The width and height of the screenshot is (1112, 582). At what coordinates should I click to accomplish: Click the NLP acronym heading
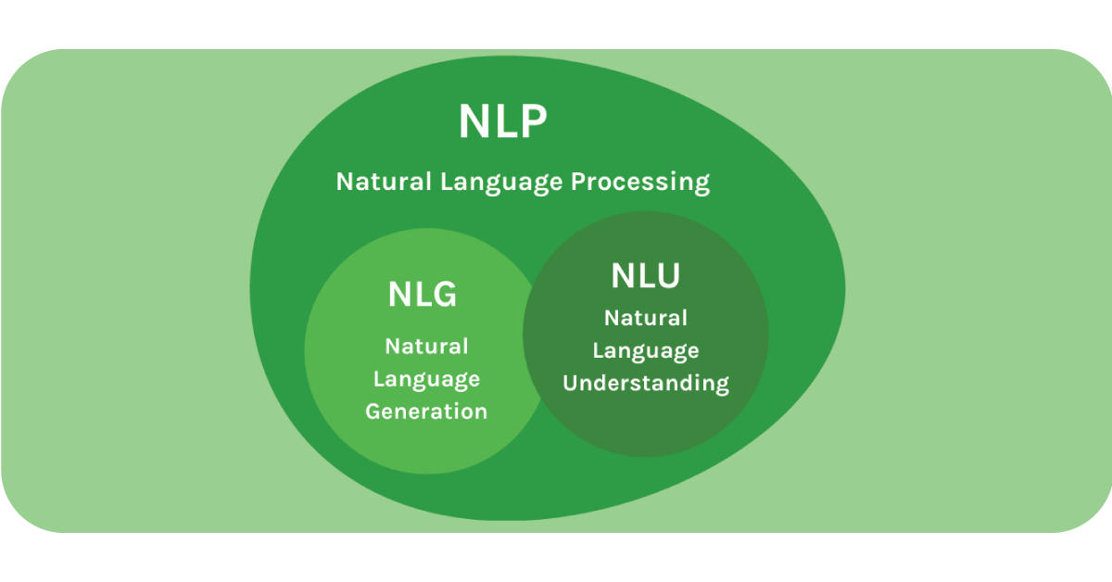[503, 121]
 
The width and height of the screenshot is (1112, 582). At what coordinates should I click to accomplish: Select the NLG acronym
[422, 295]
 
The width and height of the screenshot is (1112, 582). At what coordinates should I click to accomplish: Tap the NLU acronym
[645, 275]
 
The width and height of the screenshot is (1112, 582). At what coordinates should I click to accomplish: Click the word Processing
[639, 182]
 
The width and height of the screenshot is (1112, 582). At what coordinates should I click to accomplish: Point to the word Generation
[426, 411]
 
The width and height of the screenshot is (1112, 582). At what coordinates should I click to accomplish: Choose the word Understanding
[646, 383]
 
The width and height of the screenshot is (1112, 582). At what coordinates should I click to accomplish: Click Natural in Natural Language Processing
[384, 182]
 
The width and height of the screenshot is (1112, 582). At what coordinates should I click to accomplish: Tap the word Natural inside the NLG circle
[426, 347]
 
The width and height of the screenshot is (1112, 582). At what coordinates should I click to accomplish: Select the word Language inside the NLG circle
[426, 379]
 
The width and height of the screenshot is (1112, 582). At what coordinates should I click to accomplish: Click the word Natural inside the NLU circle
[646, 318]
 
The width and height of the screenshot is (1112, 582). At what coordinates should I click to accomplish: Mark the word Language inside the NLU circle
[646, 350]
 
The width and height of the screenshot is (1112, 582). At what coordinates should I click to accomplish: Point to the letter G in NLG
[443, 295]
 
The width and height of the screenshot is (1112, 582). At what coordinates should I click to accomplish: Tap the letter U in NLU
[666, 275]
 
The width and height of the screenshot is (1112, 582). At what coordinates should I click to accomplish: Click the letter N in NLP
[474, 121]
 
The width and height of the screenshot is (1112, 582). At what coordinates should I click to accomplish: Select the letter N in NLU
[624, 275]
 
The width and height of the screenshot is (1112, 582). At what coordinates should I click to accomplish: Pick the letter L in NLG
[422, 295]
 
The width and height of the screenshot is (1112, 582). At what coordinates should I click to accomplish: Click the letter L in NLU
[647, 275]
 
